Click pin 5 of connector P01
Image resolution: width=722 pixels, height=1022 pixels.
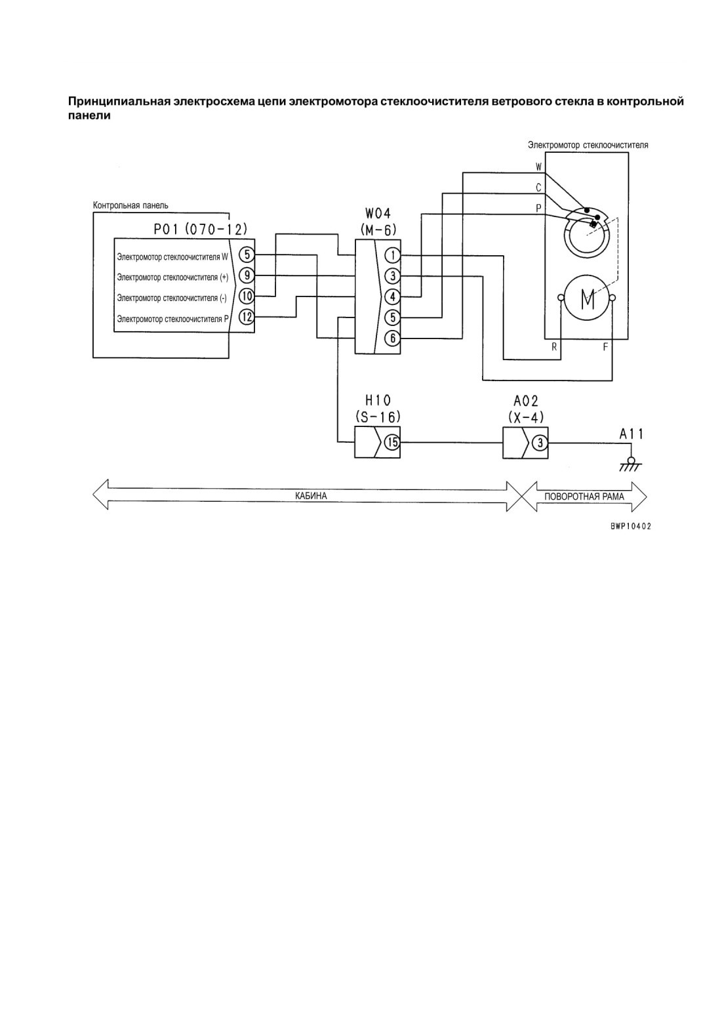[x=247, y=255]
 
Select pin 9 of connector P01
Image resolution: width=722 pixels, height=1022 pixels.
[x=247, y=276]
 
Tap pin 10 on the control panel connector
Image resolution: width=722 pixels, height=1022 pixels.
[x=247, y=296]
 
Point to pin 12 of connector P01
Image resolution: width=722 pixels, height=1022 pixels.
[x=247, y=317]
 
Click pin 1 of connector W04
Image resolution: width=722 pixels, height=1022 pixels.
[x=393, y=256]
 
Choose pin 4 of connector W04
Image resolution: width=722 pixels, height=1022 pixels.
[x=393, y=297]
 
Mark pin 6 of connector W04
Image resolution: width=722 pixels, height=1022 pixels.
[x=393, y=338]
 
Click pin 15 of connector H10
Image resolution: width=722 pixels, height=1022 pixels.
[x=392, y=442]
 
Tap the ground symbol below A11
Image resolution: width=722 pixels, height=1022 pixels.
[x=631, y=464]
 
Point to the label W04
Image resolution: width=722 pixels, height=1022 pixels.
[x=378, y=214]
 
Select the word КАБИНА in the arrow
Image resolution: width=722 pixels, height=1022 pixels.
[x=311, y=495]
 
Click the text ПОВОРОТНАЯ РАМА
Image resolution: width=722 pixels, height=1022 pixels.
[x=584, y=497]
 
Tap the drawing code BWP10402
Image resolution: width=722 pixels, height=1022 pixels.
[x=631, y=526]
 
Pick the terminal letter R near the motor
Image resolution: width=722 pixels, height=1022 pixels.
[x=554, y=347]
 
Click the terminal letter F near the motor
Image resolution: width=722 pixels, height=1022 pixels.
[x=605, y=347]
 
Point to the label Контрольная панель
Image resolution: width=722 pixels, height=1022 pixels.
[x=130, y=205]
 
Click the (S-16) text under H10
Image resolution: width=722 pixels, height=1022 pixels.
[x=378, y=417]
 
